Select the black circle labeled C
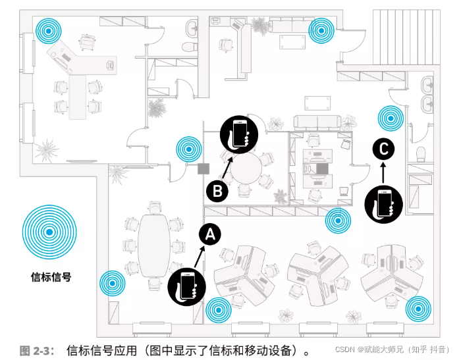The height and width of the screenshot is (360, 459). (383, 149)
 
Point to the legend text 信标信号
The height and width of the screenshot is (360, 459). (51, 277)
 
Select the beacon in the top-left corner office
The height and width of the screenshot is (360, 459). (48, 29)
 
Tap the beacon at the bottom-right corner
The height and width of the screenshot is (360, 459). (418, 308)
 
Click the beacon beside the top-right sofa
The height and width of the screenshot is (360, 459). (321, 29)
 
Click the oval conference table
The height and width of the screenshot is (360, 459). (153, 245)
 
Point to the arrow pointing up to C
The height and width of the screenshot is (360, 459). (383, 171)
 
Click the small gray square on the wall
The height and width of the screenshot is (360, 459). (203, 168)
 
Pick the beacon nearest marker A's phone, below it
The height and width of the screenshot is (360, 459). (219, 311)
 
